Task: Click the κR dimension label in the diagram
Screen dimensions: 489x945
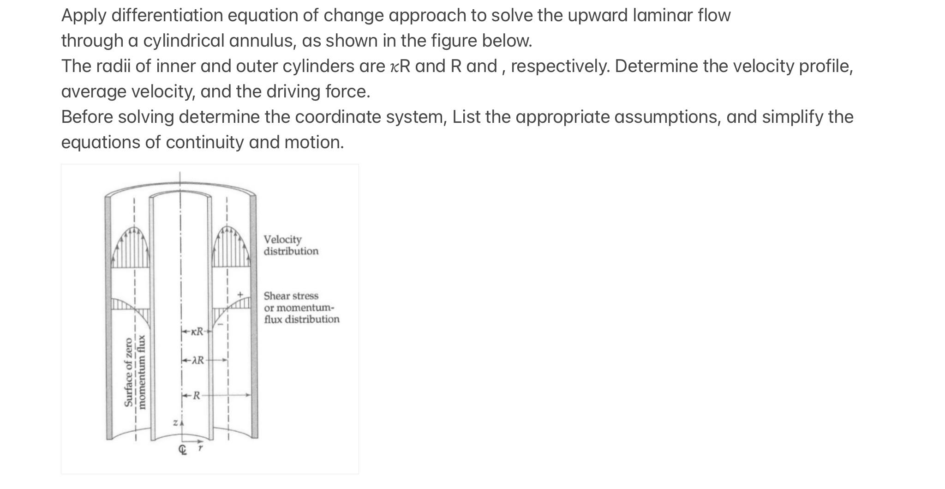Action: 197,332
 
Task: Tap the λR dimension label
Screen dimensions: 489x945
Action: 197,360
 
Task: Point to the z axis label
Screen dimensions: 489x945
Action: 175,423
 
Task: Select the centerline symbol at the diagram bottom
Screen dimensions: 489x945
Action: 183,450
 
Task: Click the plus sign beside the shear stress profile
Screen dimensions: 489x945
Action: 240,294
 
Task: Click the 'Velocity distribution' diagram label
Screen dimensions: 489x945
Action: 291,245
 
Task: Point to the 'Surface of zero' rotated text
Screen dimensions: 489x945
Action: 129,372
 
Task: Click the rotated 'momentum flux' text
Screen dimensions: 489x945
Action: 143,372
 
